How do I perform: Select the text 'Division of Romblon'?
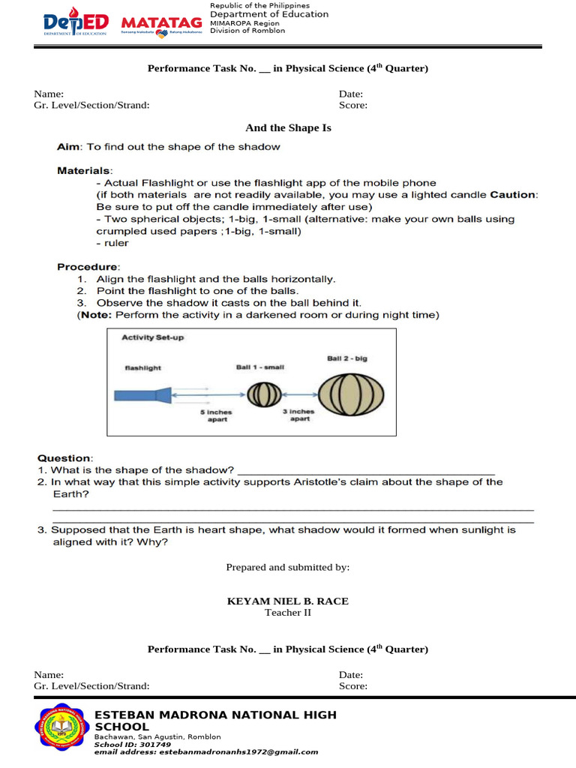pyautogui.click(x=247, y=31)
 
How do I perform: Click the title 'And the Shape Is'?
pyautogui.click(x=288, y=128)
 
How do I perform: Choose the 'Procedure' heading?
pyautogui.click(x=88, y=267)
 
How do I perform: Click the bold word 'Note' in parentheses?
pyautogui.click(x=95, y=315)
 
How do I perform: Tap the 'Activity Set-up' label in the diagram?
pyautogui.click(x=152, y=337)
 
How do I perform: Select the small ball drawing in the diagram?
pyautogui.click(x=263, y=394)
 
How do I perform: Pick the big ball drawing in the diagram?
pyautogui.click(x=351, y=394)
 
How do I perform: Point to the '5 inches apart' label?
pyautogui.click(x=216, y=415)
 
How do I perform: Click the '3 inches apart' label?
pyautogui.click(x=299, y=415)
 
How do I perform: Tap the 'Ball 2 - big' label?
pyautogui.click(x=347, y=358)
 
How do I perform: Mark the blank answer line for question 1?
pyautogui.click(x=366, y=471)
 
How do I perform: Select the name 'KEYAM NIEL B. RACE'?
pyautogui.click(x=288, y=601)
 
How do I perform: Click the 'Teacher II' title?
pyautogui.click(x=288, y=613)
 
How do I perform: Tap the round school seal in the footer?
pyautogui.click(x=62, y=728)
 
